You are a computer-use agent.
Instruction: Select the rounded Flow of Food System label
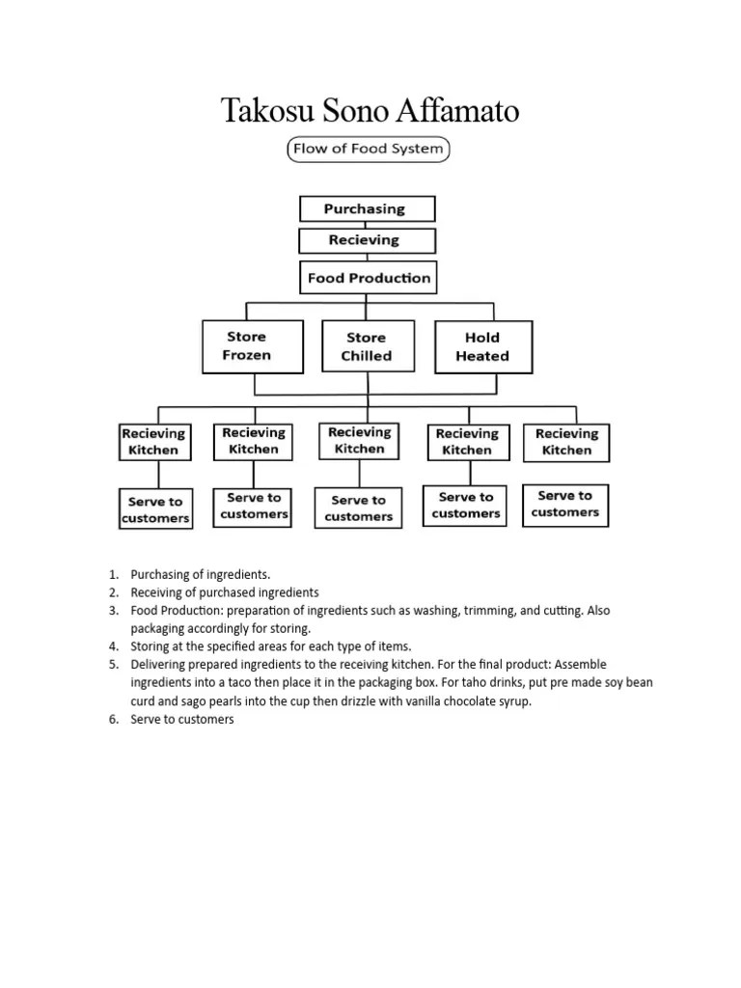(x=369, y=149)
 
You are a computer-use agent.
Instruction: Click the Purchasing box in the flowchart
(x=367, y=208)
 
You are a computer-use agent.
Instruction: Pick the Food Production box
(x=368, y=278)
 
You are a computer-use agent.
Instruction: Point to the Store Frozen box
(x=247, y=346)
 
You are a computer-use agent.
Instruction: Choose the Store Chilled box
(x=367, y=346)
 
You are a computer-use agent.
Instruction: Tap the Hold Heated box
(x=482, y=346)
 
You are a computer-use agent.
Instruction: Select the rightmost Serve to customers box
(x=565, y=504)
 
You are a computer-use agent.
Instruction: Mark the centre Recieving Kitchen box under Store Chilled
(x=360, y=440)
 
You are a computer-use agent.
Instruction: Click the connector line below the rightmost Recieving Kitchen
(x=567, y=473)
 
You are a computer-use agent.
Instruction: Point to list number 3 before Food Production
(x=113, y=611)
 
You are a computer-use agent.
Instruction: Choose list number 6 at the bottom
(x=113, y=720)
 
